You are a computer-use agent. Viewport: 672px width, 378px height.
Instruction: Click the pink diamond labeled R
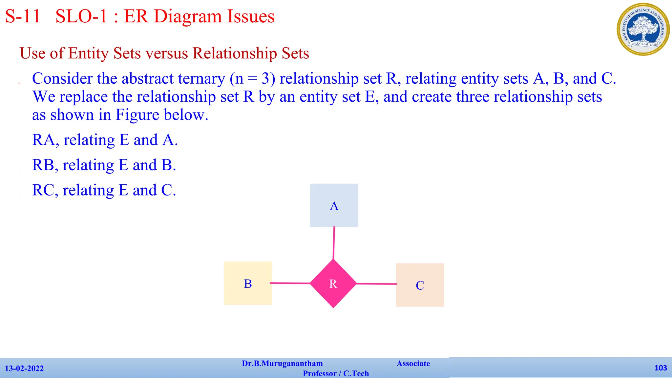click(x=333, y=283)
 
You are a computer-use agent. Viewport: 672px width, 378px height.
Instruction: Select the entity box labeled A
click(x=334, y=205)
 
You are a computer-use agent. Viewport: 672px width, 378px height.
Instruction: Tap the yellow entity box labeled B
click(x=248, y=283)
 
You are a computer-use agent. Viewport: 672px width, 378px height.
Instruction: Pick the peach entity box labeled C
click(x=420, y=285)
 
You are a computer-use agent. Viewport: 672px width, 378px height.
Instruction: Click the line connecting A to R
click(x=334, y=243)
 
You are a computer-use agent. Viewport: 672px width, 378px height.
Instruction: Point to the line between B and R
click(x=290, y=283)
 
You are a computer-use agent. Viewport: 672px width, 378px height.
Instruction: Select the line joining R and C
click(x=376, y=284)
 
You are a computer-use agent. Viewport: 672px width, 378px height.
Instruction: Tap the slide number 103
click(x=661, y=368)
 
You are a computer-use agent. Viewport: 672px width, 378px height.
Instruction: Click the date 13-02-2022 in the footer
click(x=24, y=368)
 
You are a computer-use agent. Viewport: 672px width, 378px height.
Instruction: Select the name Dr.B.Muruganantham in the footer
click(x=282, y=364)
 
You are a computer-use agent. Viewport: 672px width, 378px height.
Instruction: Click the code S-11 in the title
click(x=23, y=16)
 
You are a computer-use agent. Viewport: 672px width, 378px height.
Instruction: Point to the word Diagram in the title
click(x=188, y=16)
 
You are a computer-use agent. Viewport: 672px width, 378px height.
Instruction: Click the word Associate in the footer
click(x=413, y=364)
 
